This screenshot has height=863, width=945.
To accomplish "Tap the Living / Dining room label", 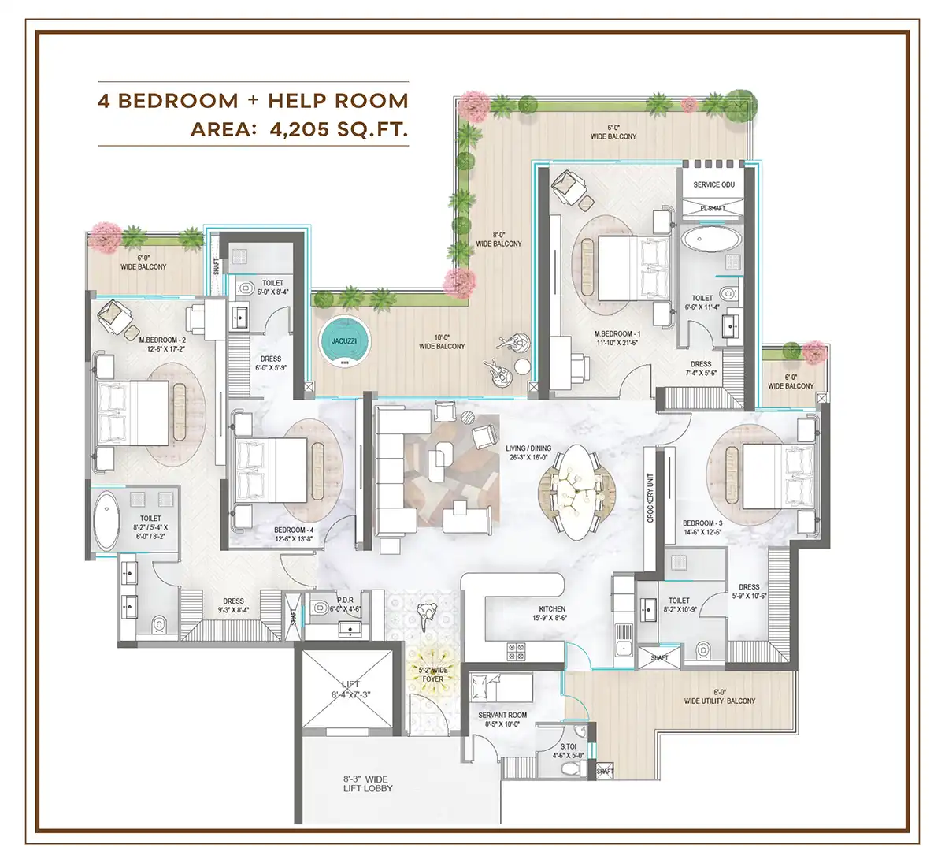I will pyautogui.click(x=528, y=452).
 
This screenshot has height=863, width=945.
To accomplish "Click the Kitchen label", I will pyautogui.click(x=552, y=613).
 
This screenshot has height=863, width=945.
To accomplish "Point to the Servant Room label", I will pyautogui.click(x=502, y=720).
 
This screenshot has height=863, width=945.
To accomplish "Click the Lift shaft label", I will pyautogui.click(x=350, y=690).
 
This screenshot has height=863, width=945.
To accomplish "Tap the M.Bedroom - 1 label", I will pyautogui.click(x=617, y=339).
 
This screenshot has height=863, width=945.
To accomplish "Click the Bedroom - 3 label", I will pyautogui.click(x=702, y=527).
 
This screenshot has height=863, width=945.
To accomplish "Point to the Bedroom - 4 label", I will pyautogui.click(x=294, y=534).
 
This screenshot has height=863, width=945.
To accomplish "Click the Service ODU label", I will pyautogui.click(x=713, y=184).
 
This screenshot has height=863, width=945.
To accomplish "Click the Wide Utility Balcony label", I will pyautogui.click(x=719, y=697).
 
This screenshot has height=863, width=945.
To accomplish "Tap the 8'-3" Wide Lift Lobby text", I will pyautogui.click(x=368, y=783).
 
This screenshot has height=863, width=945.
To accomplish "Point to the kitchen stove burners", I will pyautogui.click(x=516, y=650).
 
